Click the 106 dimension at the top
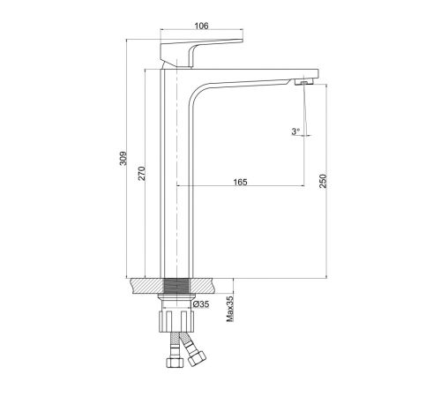pyautogui.click(x=201, y=26)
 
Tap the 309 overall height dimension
pyautogui.click(x=123, y=158)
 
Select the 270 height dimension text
pyautogui.click(x=142, y=174)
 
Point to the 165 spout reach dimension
pyautogui.click(x=240, y=182)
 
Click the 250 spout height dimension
pyautogui.click(x=323, y=181)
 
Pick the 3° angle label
pyautogui.click(x=295, y=131)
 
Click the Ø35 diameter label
pyautogui.click(x=201, y=304)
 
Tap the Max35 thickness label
pyautogui.click(x=230, y=309)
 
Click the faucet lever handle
pyautogui.click(x=201, y=54)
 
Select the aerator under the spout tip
pyautogui.click(x=304, y=82)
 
